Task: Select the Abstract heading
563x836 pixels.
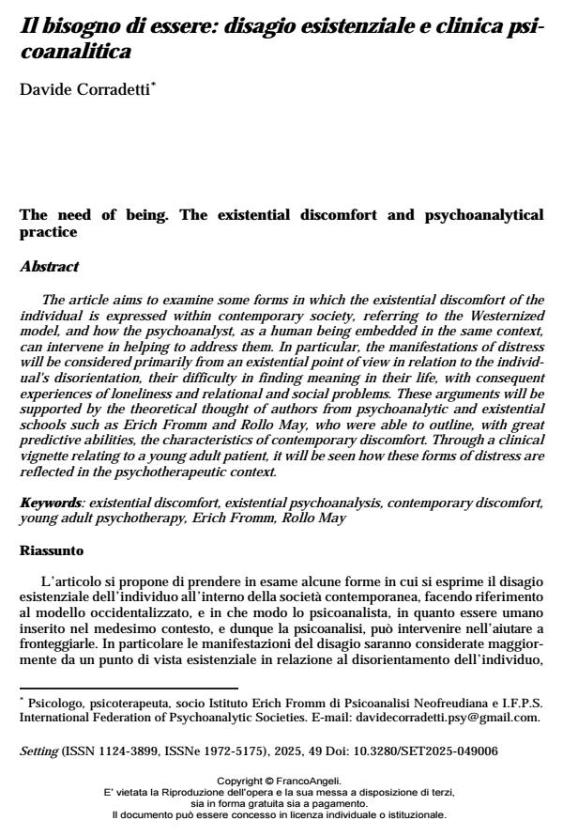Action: tap(49, 267)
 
